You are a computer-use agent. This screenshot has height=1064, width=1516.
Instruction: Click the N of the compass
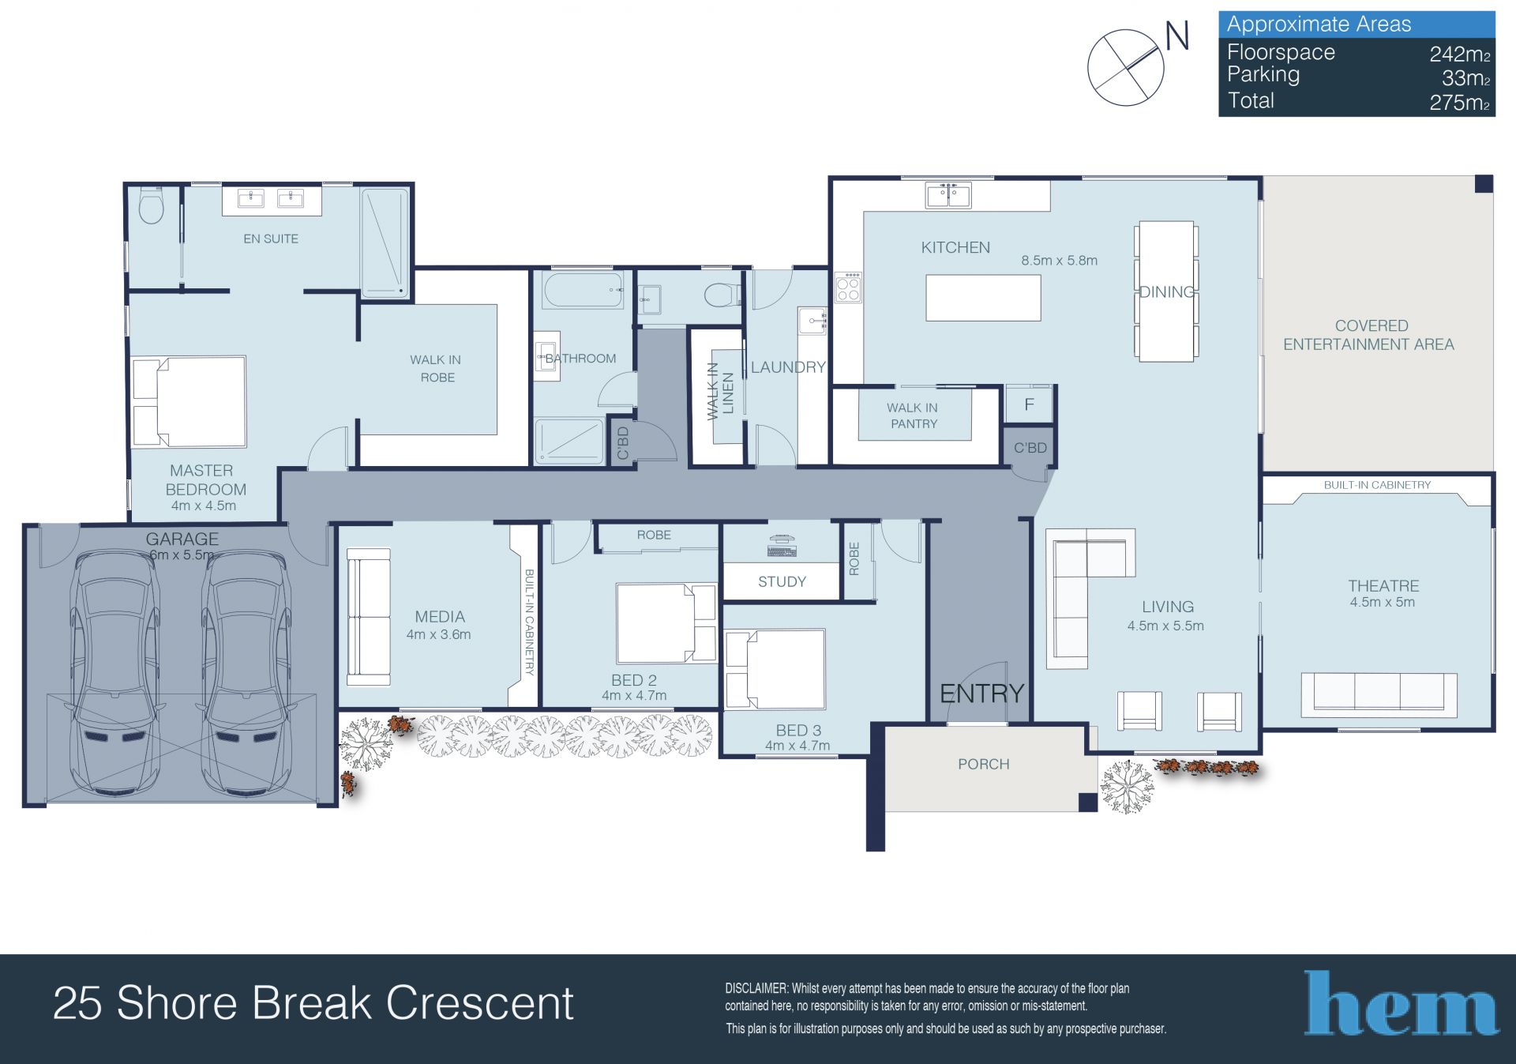point(1177,36)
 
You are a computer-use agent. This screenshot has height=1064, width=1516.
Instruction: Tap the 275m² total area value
point(1460,103)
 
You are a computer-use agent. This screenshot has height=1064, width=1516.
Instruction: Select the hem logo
point(1401,1003)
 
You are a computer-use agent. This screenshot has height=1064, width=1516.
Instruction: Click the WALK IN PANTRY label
point(914,415)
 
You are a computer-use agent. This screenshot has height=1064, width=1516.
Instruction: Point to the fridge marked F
point(1029,404)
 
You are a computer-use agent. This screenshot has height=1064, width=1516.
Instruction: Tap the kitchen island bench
point(983,298)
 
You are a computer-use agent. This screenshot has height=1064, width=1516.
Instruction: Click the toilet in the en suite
point(150,206)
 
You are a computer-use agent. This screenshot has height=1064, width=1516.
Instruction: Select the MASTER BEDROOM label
point(205,479)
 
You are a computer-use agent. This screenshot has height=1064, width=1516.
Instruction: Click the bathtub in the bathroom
point(584,289)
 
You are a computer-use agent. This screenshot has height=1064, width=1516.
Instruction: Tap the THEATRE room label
point(1383,585)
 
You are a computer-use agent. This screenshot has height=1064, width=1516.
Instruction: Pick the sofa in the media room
point(369,617)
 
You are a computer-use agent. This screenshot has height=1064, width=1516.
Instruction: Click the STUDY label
point(782,581)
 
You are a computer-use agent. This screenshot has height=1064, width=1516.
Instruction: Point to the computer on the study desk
point(782,545)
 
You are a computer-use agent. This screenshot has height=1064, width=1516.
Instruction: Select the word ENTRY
point(981,694)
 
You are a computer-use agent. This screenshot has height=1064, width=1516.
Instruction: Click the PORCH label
point(983,764)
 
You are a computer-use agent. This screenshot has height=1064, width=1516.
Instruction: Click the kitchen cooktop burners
point(848,287)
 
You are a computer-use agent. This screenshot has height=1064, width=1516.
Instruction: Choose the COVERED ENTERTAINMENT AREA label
point(1369,335)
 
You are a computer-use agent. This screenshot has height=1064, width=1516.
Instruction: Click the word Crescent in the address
point(479,1003)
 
